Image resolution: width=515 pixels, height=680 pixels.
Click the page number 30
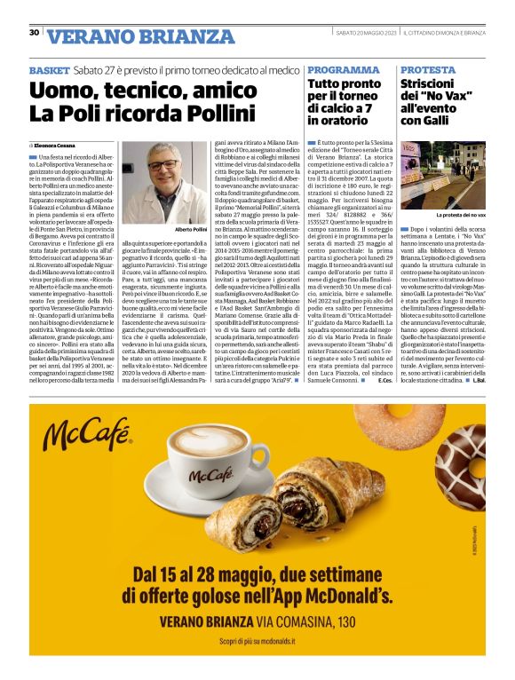pos(34,33)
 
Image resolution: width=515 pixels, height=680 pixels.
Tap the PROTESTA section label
pos(427,69)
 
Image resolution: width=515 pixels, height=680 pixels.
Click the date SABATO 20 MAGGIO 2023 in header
pos(363,33)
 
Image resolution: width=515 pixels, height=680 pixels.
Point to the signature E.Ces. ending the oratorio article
pos(384,392)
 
